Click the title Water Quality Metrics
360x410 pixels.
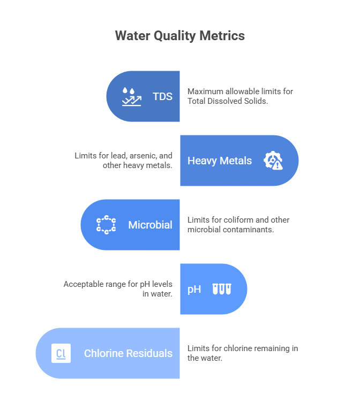[180, 36]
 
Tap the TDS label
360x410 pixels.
[163, 96]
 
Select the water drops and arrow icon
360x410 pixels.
[131, 96]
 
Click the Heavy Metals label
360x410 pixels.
[219, 161]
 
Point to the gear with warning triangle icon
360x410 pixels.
[273, 161]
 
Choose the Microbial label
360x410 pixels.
[150, 225]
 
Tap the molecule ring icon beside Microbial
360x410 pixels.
[106, 225]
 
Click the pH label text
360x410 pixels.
[194, 290]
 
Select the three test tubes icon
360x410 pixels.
[221, 290]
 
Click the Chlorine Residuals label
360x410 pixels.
[128, 353]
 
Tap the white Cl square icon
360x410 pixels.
[61, 353]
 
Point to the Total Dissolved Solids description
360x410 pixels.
[240, 96]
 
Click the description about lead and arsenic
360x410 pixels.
[124, 161]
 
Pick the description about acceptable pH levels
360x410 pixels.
[118, 289]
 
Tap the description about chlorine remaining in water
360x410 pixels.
[242, 353]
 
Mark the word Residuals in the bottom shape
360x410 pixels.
[149, 353]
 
